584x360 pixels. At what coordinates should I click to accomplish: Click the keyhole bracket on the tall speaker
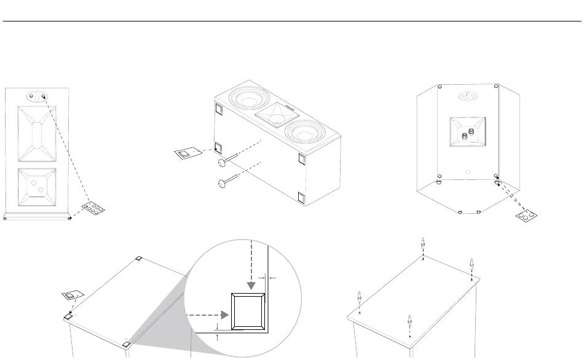(x=36, y=96)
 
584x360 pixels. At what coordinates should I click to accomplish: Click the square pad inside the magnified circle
(x=248, y=311)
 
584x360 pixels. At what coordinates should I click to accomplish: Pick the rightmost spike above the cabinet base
(x=472, y=266)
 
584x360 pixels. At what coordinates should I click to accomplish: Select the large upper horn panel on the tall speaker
(x=36, y=133)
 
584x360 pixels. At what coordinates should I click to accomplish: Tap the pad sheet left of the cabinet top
(x=74, y=296)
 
